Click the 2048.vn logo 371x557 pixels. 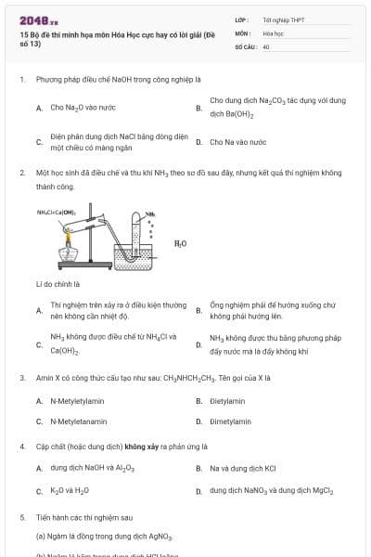click(38, 19)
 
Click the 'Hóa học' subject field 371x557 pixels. click(273, 32)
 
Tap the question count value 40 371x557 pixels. click(266, 45)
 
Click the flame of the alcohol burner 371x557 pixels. click(67, 240)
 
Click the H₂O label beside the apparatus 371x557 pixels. click(180, 243)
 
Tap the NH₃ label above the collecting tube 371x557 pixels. click(149, 214)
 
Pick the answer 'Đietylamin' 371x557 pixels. click(227, 401)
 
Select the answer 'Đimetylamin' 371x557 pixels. click(230, 421)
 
